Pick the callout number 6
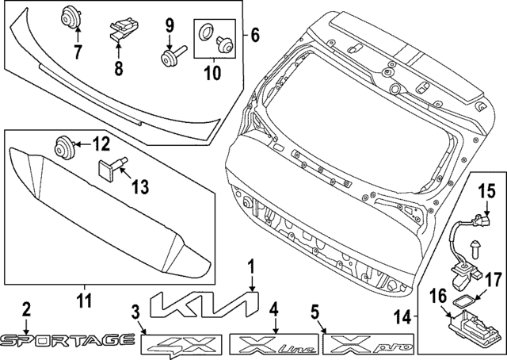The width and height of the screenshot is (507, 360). click(x=254, y=35)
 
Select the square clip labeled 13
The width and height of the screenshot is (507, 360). click(x=107, y=168)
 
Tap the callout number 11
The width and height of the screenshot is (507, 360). click(x=84, y=301)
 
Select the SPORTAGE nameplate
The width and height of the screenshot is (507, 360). click(x=67, y=340)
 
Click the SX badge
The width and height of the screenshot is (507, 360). click(x=180, y=344)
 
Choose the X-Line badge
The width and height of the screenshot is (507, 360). click(x=274, y=344)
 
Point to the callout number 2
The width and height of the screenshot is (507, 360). click(x=26, y=308)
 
